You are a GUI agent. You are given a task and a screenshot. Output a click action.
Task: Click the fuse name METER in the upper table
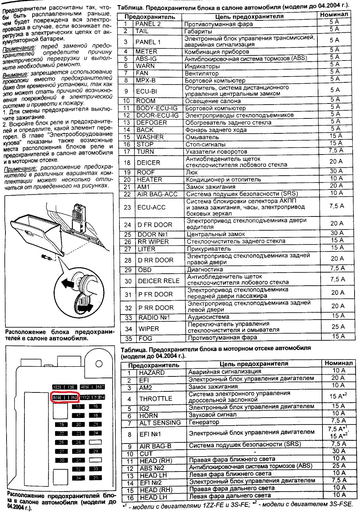tap(146, 51)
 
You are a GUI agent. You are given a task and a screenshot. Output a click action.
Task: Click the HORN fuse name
tap(148, 415)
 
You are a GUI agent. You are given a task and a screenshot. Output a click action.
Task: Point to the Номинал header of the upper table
tap(334, 15)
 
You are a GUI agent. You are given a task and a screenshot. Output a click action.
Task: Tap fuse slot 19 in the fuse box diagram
tap(62, 424)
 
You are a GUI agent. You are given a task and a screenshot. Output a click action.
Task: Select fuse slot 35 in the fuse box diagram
tap(96, 477)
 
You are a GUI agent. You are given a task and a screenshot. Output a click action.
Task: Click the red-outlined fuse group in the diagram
tap(65, 397)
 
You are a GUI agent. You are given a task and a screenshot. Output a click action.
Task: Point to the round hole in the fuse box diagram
tap(98, 363)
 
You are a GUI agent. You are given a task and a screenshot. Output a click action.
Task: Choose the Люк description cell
tap(192, 172)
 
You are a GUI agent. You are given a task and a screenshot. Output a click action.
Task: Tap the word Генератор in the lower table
tap(204, 422)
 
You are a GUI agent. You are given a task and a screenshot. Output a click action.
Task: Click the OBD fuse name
tap(145, 270)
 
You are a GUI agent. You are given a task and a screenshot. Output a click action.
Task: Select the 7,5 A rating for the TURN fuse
tap(336, 150)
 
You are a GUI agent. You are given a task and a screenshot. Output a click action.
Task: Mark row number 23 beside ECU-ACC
tap(127, 207)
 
